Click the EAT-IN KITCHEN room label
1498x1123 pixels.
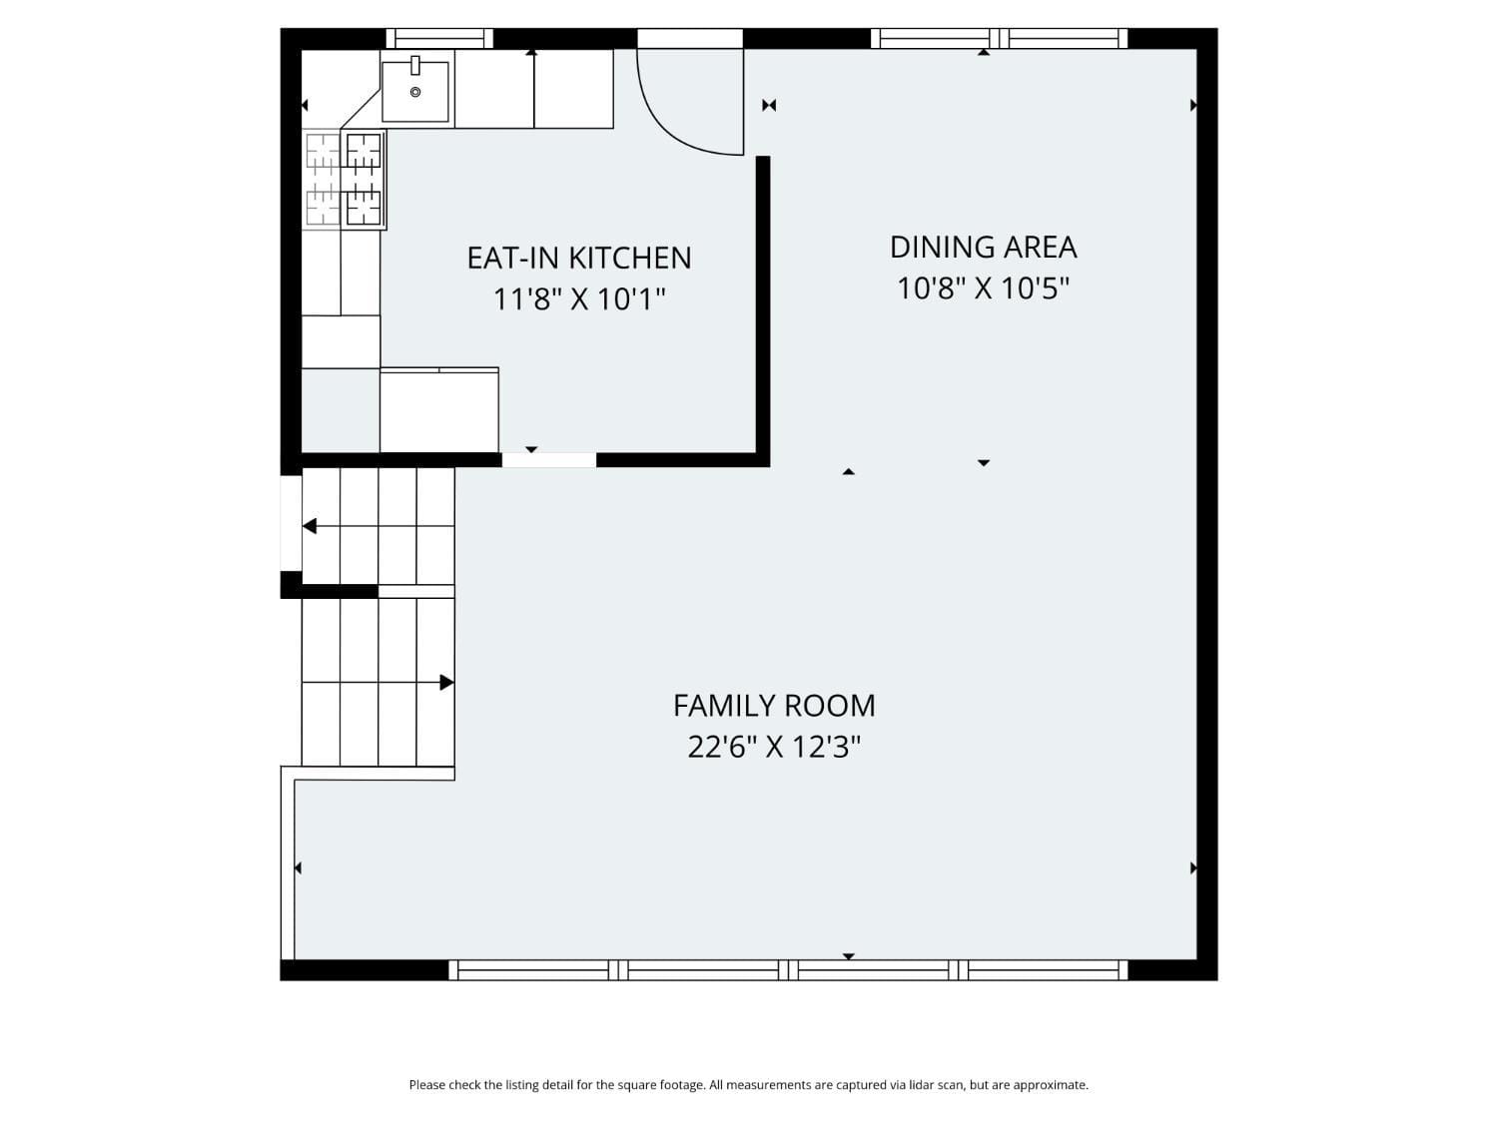[579, 258]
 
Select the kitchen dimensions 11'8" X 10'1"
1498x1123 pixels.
[579, 298]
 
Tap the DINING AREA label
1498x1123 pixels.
[983, 247]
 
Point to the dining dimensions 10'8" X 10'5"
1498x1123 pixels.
[983, 288]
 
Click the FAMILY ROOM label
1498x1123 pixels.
[774, 706]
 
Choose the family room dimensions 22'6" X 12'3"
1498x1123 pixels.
[774, 747]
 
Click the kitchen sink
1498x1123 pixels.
[415, 91]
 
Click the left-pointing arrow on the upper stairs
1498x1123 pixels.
[310, 526]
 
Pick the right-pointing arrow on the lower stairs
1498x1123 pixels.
[446, 683]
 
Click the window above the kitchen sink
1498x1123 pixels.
[439, 39]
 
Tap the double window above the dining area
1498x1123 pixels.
[999, 39]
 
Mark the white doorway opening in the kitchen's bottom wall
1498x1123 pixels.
[548, 460]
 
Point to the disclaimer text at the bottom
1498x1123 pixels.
[748, 1085]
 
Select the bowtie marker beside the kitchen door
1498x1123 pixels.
[769, 105]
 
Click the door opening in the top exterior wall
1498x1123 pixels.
[690, 39]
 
